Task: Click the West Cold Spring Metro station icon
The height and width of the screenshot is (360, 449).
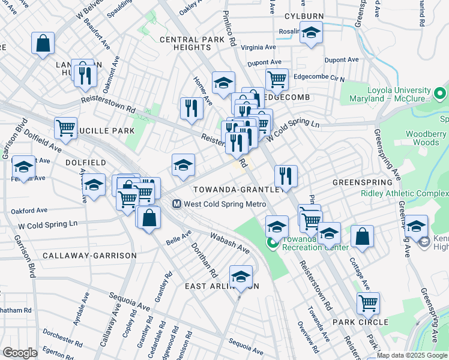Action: click(x=177, y=204)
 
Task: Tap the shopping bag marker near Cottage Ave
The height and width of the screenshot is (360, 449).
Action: click(x=363, y=237)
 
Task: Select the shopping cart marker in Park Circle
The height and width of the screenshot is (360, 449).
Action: click(x=368, y=303)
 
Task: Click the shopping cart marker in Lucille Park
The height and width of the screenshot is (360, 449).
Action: click(x=65, y=128)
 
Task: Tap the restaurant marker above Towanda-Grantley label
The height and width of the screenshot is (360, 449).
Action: click(x=286, y=176)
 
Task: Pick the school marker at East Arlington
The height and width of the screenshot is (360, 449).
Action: click(x=241, y=277)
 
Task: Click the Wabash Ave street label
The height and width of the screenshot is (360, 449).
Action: click(x=229, y=242)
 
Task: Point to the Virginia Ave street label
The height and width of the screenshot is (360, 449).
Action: click(x=258, y=47)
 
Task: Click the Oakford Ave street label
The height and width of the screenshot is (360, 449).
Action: click(x=29, y=211)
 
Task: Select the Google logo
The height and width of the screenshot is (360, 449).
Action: click(x=20, y=353)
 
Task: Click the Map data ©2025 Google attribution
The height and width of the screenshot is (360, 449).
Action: click(x=412, y=355)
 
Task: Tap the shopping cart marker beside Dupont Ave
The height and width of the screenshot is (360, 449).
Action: click(x=276, y=79)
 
